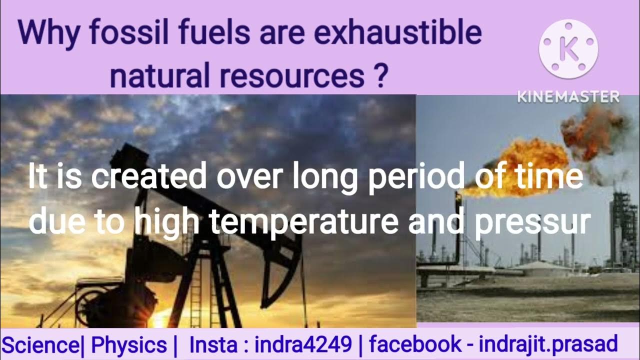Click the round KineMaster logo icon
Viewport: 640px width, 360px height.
tap(568, 49)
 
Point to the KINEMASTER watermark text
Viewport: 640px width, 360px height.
tap(568, 96)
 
